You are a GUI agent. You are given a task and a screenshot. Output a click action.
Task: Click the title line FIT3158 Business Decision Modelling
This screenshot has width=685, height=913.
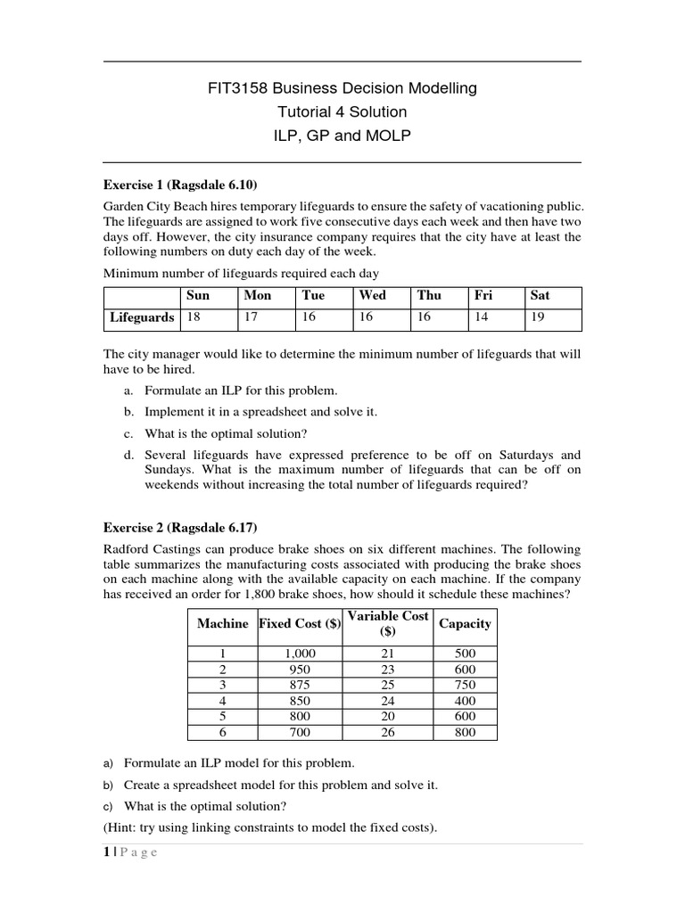342,88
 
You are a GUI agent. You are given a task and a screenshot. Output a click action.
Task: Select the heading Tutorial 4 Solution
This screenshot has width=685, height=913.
342,112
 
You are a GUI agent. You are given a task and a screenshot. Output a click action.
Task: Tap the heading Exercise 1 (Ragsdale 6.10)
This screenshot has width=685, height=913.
180,185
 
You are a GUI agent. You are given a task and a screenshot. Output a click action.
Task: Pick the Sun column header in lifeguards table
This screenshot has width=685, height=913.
196,295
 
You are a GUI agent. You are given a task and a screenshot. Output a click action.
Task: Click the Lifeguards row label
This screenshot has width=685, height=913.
142,317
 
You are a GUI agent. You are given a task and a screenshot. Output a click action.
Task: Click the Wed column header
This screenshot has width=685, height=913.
372,295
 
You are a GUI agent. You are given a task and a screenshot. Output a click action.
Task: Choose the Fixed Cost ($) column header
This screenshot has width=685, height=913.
299,624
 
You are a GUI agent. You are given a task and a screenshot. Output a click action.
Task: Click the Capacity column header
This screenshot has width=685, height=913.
464,624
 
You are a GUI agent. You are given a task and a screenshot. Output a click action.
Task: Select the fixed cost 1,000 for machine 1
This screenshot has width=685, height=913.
299,654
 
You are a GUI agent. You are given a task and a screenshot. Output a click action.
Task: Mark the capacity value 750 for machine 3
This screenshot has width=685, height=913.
464,686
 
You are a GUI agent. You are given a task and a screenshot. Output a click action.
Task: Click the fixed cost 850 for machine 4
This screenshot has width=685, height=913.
299,702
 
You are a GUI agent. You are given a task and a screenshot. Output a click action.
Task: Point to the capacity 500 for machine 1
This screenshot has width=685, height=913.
464,654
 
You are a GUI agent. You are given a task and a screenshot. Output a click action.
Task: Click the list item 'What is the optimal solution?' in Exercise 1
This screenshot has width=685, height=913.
227,433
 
